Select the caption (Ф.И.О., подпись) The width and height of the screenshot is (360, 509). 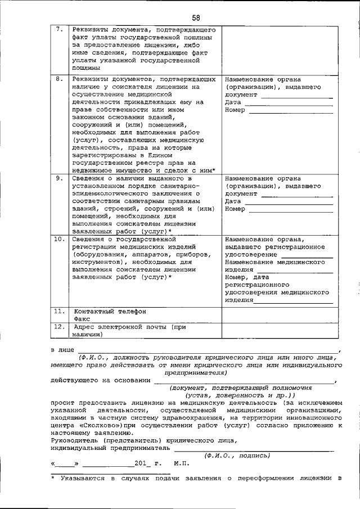tap(237, 456)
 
